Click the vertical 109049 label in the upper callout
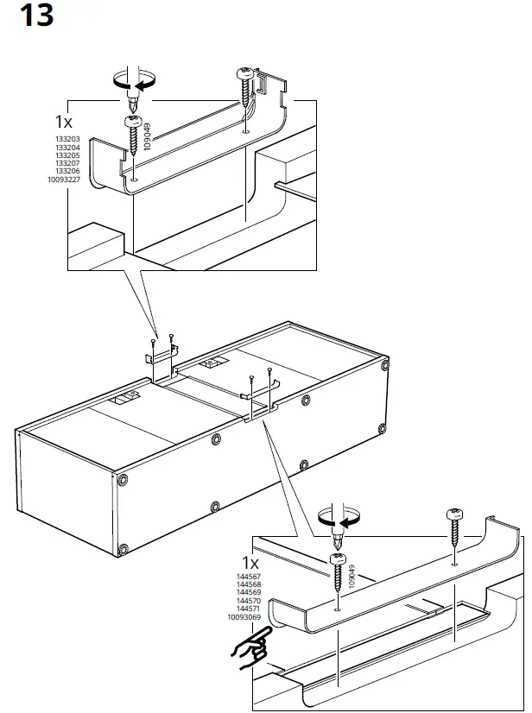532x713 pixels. tap(148, 136)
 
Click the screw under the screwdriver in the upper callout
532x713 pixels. tap(133, 137)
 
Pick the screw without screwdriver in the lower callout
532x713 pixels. tap(454, 527)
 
